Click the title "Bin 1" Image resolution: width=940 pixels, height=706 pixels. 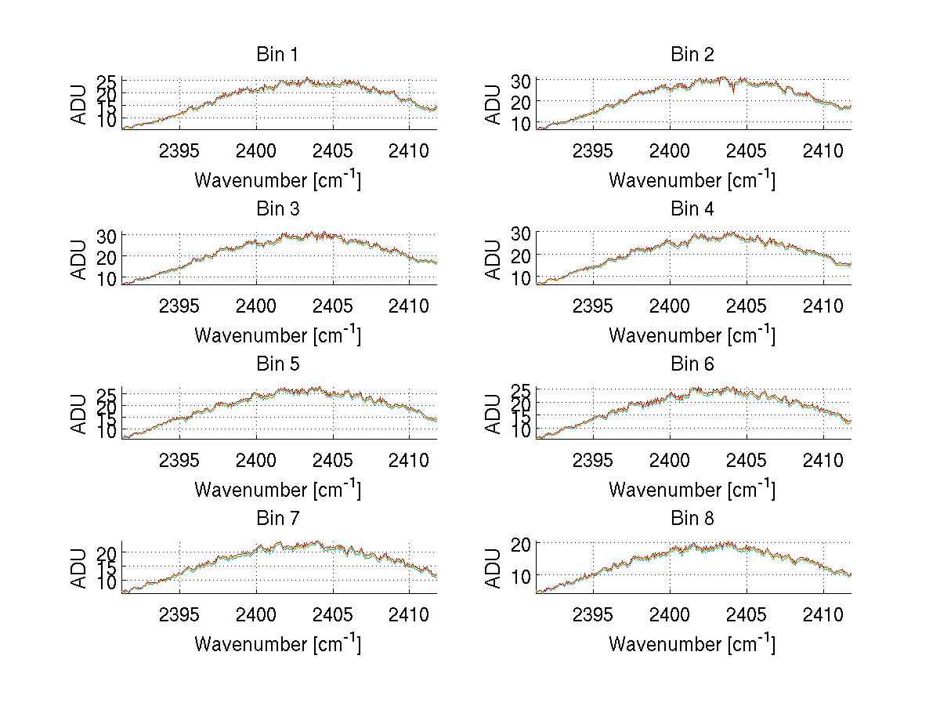277,54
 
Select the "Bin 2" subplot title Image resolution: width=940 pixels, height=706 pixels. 692,54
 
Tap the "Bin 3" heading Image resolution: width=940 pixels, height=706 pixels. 277,209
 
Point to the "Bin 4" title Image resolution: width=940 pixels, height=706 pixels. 692,209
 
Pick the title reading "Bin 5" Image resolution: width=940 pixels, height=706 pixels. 277,364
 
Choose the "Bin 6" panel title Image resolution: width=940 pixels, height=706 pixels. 692,364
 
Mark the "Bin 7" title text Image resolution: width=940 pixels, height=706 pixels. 277,518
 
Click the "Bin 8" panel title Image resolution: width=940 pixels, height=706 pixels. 692,518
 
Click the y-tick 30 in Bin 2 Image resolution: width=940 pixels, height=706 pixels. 522,81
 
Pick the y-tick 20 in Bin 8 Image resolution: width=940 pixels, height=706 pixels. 522,543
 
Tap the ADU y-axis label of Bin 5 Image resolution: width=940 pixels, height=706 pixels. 79,414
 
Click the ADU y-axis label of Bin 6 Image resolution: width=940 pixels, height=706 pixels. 493,414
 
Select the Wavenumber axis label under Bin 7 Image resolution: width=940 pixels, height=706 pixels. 277,643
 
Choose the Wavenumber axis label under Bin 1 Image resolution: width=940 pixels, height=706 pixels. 277,179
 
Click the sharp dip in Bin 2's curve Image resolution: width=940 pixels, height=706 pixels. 733,92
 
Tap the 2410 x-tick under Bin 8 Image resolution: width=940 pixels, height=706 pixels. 823,614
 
